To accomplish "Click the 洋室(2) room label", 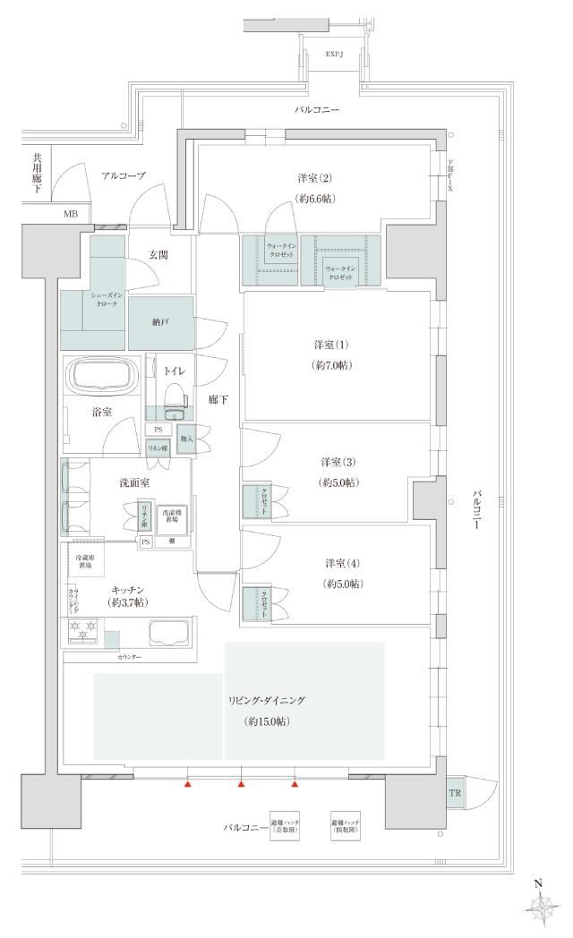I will [x=314, y=177].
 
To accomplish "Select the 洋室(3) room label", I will [x=338, y=462].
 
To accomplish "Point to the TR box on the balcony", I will [x=455, y=793].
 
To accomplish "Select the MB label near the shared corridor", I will [x=70, y=215].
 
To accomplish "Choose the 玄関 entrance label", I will [x=159, y=255].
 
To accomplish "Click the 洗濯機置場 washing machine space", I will [x=170, y=518].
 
